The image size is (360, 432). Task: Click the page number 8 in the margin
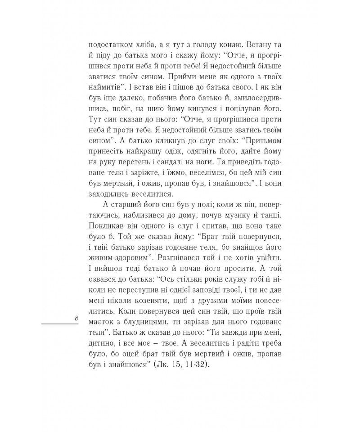point(76,318)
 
